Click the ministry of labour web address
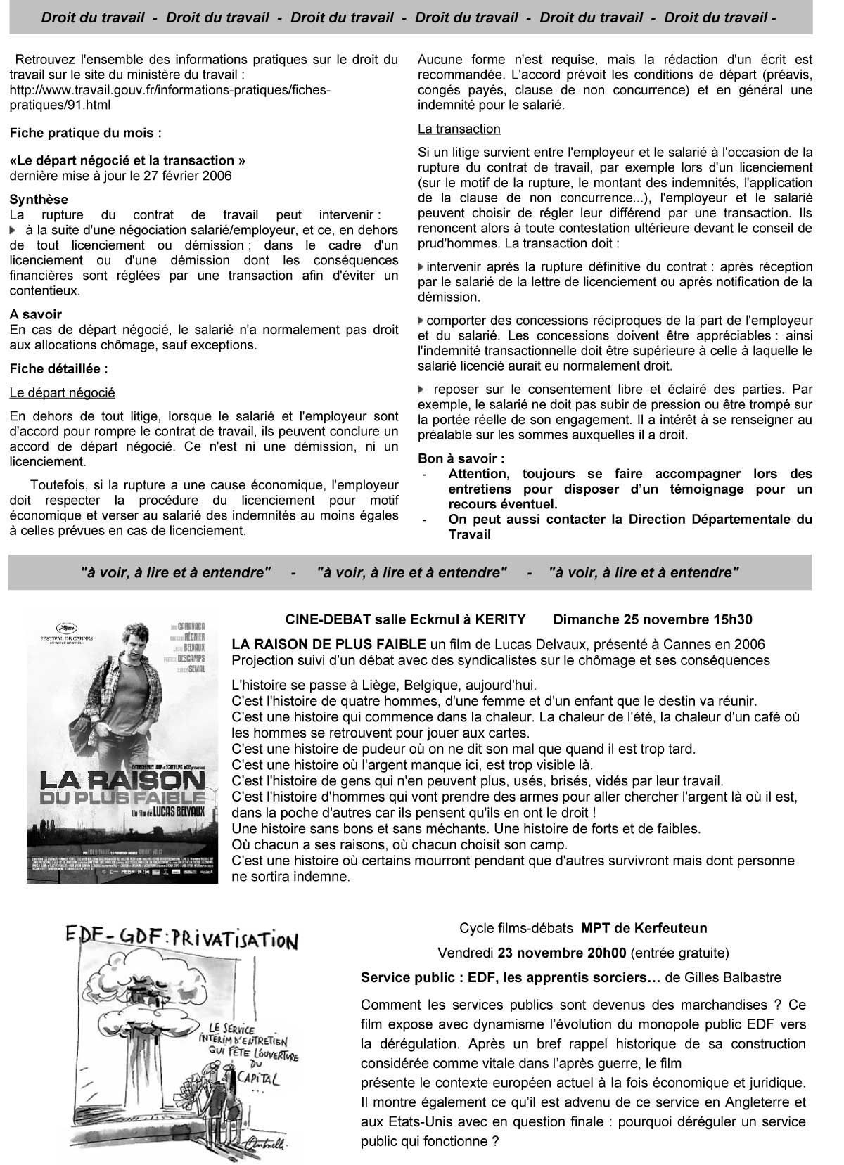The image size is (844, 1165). click(169, 97)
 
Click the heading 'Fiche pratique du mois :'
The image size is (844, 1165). click(85, 132)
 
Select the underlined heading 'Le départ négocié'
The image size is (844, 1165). click(63, 392)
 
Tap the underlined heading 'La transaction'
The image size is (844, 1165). click(459, 129)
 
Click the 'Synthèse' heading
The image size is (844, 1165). click(39, 200)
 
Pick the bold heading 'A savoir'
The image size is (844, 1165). click(36, 314)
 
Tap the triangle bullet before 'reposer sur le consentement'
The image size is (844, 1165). click(421, 389)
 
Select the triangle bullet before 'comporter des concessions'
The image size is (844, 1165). click(421, 321)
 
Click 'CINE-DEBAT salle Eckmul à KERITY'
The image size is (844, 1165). click(405, 619)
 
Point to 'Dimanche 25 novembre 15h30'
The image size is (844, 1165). click(652, 619)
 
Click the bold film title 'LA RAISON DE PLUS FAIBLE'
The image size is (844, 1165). click(329, 644)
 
